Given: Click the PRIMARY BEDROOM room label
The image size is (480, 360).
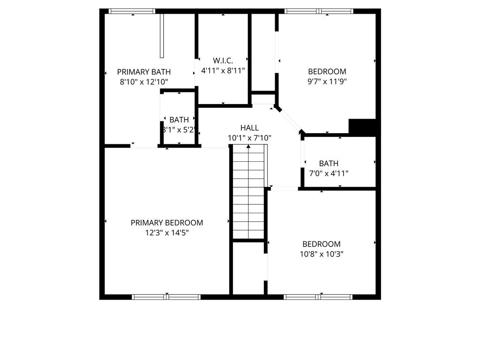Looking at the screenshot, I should tap(167, 223).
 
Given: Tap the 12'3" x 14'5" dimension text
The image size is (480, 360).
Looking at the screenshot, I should tap(167, 232).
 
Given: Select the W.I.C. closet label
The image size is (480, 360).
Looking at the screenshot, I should tap(223, 60).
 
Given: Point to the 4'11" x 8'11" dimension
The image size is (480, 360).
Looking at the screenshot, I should tap(223, 70).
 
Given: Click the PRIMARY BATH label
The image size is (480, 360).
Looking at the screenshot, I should tap(143, 72).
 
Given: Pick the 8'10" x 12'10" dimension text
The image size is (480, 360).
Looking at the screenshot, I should tap(143, 82).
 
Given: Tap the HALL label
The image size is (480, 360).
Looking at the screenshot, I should tap(249, 127).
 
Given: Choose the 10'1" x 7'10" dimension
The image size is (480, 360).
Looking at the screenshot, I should tap(249, 138).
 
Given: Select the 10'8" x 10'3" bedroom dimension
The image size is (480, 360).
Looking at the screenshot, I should tap(321, 254).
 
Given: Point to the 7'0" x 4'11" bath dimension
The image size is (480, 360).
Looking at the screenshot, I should tap(329, 173).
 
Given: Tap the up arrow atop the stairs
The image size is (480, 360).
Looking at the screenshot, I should tap(248, 147).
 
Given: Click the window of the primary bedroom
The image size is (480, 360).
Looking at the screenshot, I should tap(166, 297).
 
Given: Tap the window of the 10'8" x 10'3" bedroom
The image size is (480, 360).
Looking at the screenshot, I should tap(318, 297).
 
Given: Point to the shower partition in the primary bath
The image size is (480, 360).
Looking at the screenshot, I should tap(162, 36).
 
